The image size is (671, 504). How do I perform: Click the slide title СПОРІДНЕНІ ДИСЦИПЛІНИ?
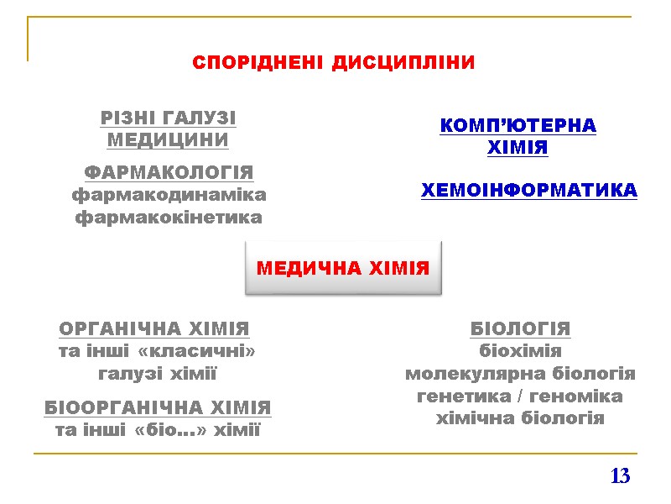(x=333, y=63)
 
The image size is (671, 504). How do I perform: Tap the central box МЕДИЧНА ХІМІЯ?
(x=342, y=269)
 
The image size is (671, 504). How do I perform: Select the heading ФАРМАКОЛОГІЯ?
(x=169, y=173)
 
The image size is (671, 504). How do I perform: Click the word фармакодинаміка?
(x=169, y=195)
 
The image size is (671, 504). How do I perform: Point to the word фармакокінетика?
(x=169, y=218)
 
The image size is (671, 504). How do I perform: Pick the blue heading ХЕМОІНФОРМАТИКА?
(x=528, y=191)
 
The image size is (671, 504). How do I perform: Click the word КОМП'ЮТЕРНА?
(x=518, y=126)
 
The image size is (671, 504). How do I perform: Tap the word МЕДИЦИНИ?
(x=169, y=139)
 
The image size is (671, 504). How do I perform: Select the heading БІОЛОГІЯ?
(x=520, y=328)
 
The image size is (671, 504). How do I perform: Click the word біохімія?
(x=520, y=351)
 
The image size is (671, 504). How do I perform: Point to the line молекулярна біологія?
(x=520, y=373)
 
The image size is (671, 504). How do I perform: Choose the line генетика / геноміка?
(x=520, y=396)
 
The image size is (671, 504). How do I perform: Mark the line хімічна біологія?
(x=520, y=417)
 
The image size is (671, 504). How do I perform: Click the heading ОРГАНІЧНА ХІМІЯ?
(x=155, y=328)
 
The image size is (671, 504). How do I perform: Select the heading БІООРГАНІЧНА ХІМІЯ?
(x=158, y=408)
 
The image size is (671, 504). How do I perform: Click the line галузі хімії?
(x=158, y=373)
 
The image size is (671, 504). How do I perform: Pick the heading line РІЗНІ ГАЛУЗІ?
(x=169, y=118)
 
